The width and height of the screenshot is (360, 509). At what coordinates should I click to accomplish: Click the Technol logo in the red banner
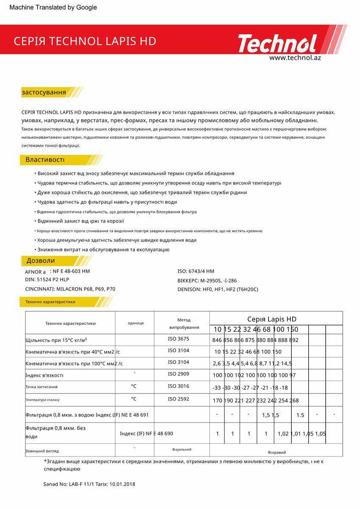(x=277, y=43)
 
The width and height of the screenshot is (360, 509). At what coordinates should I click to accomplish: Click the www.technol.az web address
(x=295, y=58)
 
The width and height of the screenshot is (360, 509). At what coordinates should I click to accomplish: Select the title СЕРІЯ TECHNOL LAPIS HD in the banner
(x=85, y=41)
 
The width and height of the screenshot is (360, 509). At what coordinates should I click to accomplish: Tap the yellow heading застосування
(x=44, y=92)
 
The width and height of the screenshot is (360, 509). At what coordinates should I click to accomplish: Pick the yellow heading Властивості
(x=45, y=160)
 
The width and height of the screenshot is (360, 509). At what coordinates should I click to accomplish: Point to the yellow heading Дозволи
(x=41, y=260)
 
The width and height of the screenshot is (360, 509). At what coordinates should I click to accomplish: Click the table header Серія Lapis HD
(x=271, y=319)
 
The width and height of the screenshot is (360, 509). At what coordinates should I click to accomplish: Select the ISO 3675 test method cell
(x=179, y=339)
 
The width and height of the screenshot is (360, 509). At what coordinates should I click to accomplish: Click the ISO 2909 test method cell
(x=179, y=374)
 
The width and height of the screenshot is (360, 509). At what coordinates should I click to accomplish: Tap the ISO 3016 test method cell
(x=179, y=386)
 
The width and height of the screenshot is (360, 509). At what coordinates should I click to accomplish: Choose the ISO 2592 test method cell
(x=179, y=399)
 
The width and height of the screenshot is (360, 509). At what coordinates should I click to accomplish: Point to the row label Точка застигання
(x=42, y=387)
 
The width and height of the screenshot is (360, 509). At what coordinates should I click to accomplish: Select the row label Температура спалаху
(x=42, y=400)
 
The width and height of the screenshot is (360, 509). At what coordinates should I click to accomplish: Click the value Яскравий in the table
(x=276, y=452)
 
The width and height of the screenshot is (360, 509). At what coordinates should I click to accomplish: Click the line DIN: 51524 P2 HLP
(x=47, y=280)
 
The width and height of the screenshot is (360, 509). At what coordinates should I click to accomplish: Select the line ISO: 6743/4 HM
(x=195, y=271)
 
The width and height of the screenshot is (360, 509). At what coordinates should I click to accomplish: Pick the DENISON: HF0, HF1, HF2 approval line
(x=218, y=289)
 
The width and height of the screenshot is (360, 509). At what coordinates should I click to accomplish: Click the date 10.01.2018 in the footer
(x=122, y=484)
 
